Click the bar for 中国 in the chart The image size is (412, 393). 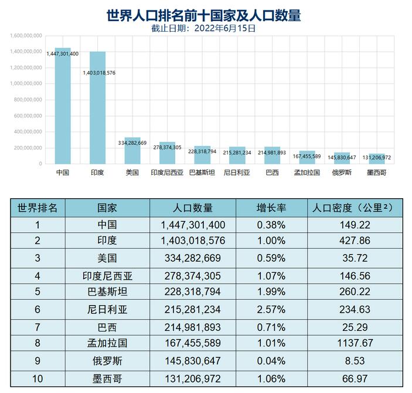(x=63, y=106)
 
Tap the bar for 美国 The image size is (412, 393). (x=132, y=151)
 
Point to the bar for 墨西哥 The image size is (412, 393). (x=376, y=159)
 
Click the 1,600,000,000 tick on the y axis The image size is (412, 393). (x=26, y=35)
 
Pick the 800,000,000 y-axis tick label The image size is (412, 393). (x=26, y=100)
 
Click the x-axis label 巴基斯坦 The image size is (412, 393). (x=202, y=172)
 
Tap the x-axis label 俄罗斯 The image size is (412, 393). (x=342, y=172)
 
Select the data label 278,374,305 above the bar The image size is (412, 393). (x=166, y=147)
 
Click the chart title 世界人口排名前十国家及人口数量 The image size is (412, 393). (x=204, y=16)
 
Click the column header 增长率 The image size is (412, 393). (x=271, y=208)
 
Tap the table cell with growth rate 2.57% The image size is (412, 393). (x=271, y=308)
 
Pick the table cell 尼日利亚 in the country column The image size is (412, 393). (x=107, y=308)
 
